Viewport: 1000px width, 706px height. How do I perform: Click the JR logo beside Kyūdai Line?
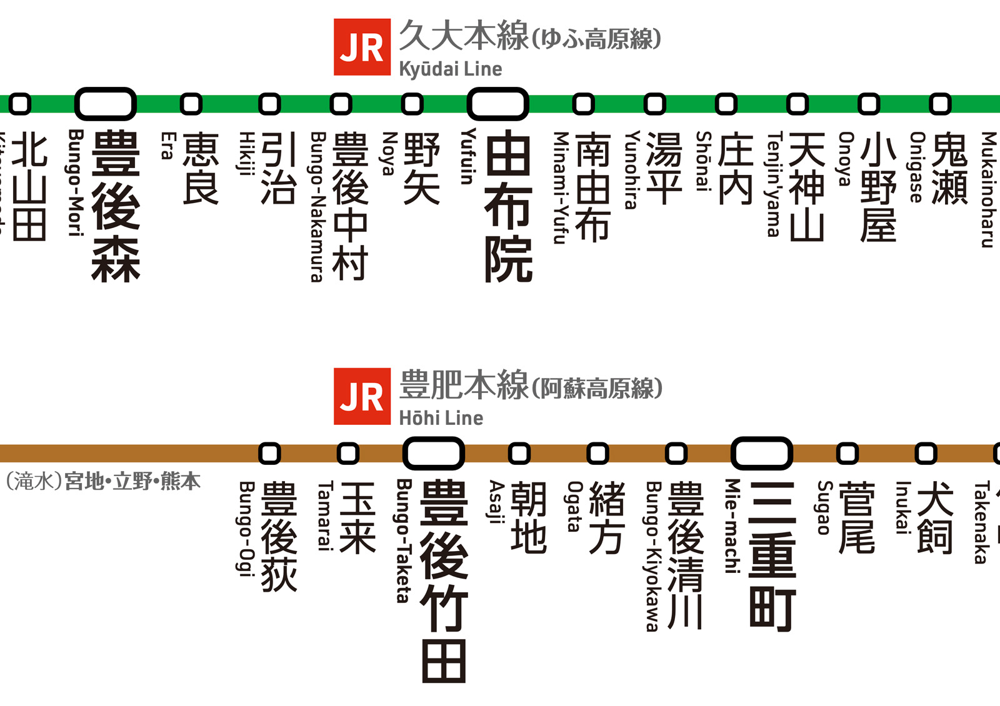pos(362,47)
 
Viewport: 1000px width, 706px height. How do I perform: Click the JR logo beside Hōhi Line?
pos(362,397)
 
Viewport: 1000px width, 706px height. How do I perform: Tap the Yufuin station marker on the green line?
pos(497,104)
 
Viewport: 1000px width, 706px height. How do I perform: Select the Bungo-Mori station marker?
pos(105,104)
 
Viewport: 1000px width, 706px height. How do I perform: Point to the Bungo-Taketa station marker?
pos(433,453)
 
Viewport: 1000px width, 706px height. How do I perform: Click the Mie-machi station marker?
pos(761,453)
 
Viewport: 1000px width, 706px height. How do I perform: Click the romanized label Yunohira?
pos(632,169)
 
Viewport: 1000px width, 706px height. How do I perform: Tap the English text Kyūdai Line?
pos(450,69)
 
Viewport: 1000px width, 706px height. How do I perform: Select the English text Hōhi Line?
pos(441,418)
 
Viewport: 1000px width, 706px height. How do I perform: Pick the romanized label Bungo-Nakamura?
pos(318,207)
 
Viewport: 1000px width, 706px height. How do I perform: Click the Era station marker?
pos(191,104)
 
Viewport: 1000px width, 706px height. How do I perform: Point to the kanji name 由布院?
pos(508,206)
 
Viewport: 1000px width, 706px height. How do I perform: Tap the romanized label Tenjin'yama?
pos(774,184)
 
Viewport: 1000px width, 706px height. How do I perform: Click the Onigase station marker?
pos(940,104)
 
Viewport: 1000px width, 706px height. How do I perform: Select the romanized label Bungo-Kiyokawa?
pos(653,556)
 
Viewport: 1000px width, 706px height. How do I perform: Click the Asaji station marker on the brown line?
pos(519,453)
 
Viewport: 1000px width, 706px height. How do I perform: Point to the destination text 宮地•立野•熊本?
pos(132,482)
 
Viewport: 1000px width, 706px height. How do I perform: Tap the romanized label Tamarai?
pos(325,515)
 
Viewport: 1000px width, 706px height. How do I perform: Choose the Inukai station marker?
pos(926,453)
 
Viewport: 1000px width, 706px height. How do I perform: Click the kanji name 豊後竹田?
pos(444,581)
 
